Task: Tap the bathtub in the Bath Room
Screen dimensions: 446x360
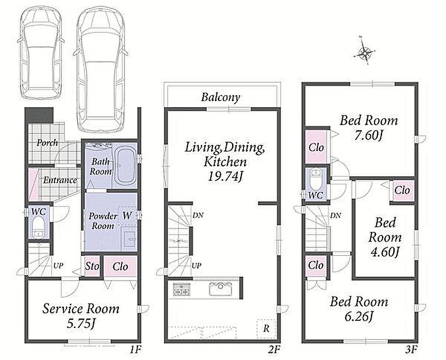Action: click(125, 165)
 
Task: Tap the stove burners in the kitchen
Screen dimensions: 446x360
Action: click(181, 289)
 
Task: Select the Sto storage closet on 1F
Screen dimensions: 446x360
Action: click(92, 266)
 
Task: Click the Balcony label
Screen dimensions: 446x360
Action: click(220, 98)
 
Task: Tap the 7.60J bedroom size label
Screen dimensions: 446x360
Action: click(368, 136)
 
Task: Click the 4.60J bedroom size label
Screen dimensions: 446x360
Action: click(384, 251)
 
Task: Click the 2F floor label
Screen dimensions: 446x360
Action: click(275, 349)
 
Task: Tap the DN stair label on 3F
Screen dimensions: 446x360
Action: click(336, 215)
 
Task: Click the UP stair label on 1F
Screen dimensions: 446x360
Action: click(58, 266)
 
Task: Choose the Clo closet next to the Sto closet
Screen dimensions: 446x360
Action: click(120, 266)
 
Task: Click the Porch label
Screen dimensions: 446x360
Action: click(47, 143)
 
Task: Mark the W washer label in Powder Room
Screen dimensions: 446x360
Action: click(127, 216)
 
